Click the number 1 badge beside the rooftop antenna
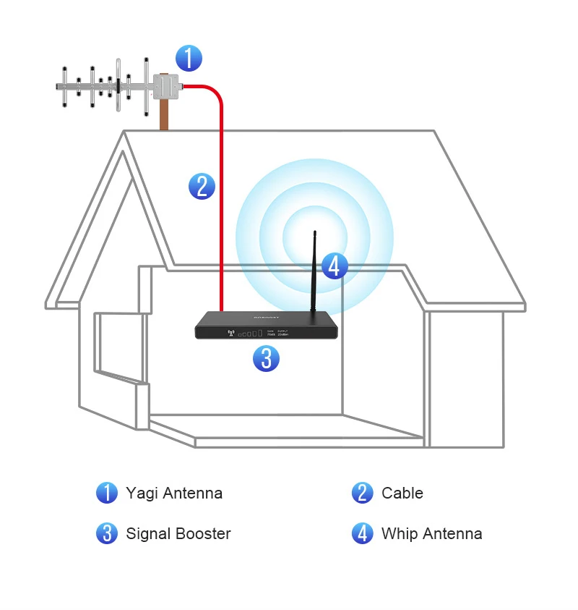pos(189,58)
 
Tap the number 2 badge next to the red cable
pos(202,186)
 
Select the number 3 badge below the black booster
pos(266,358)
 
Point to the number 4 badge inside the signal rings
pos(334,266)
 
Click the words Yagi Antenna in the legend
pos(174,493)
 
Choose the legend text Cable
pos(402,493)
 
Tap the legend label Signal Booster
pos(178,534)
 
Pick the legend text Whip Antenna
pos(431,534)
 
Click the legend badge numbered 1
pos(107,493)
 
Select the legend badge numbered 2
pos(363,493)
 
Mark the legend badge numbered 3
pos(107,534)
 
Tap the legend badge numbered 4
pos(363,534)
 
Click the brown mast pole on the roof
pos(165,116)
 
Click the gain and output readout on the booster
pos(278,334)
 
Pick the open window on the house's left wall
pos(116,345)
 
